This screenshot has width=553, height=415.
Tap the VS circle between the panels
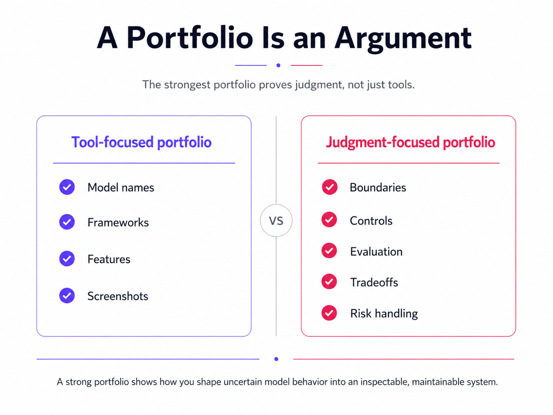tap(276, 220)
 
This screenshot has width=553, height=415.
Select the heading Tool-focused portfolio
tap(141, 142)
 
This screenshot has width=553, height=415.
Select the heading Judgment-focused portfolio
tap(411, 143)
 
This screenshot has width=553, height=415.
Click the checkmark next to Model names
tap(67, 187)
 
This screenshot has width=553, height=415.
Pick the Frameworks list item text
tap(118, 222)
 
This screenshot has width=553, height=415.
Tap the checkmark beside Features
tap(67, 259)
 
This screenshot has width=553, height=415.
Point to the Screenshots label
tap(118, 296)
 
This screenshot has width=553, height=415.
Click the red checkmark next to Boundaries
tap(330, 187)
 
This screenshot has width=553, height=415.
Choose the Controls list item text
tap(371, 221)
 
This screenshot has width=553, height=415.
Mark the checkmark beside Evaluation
tap(329, 250)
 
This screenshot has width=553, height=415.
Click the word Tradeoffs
tap(374, 282)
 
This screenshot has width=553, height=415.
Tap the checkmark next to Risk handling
tap(329, 313)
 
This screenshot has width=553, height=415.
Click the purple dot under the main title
tap(278, 65)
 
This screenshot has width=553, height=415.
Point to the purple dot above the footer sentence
tap(276, 359)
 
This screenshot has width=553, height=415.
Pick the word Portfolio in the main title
tap(190, 38)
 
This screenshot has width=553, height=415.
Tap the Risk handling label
tap(384, 314)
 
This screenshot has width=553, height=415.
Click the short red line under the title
tap(307, 65)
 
